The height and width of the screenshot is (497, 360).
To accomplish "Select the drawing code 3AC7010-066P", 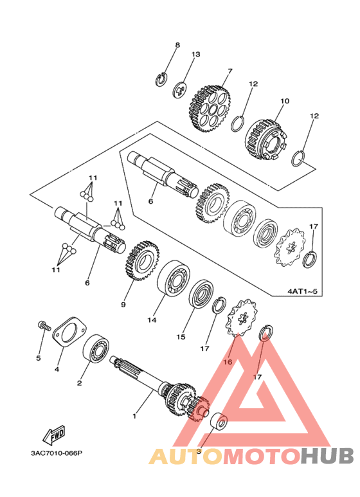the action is tap(57, 453).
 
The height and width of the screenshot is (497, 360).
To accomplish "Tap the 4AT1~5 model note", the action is tap(302, 291).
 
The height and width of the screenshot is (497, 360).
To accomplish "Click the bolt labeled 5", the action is tap(44, 326).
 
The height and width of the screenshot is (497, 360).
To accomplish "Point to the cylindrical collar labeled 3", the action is tap(219, 421).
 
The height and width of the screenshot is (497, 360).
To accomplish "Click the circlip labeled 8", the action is tap(161, 79).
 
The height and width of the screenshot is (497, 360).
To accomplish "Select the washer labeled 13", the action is tap(181, 91).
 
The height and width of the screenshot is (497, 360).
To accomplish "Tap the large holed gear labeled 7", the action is tap(210, 108).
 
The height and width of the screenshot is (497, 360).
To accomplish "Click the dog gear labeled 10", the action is tap(266, 140).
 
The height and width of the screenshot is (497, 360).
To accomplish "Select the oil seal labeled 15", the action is tap(201, 294).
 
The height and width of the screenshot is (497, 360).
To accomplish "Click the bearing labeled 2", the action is tap(96, 349).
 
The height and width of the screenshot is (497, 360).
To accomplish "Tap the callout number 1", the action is tap(134, 415).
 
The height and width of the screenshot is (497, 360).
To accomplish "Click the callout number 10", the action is tap(285, 101).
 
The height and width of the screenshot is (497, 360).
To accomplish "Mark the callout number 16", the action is tap(228, 361).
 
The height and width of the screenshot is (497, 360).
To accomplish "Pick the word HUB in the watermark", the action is tap(327, 456).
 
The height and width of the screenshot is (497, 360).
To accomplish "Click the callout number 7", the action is tap(230, 71).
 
